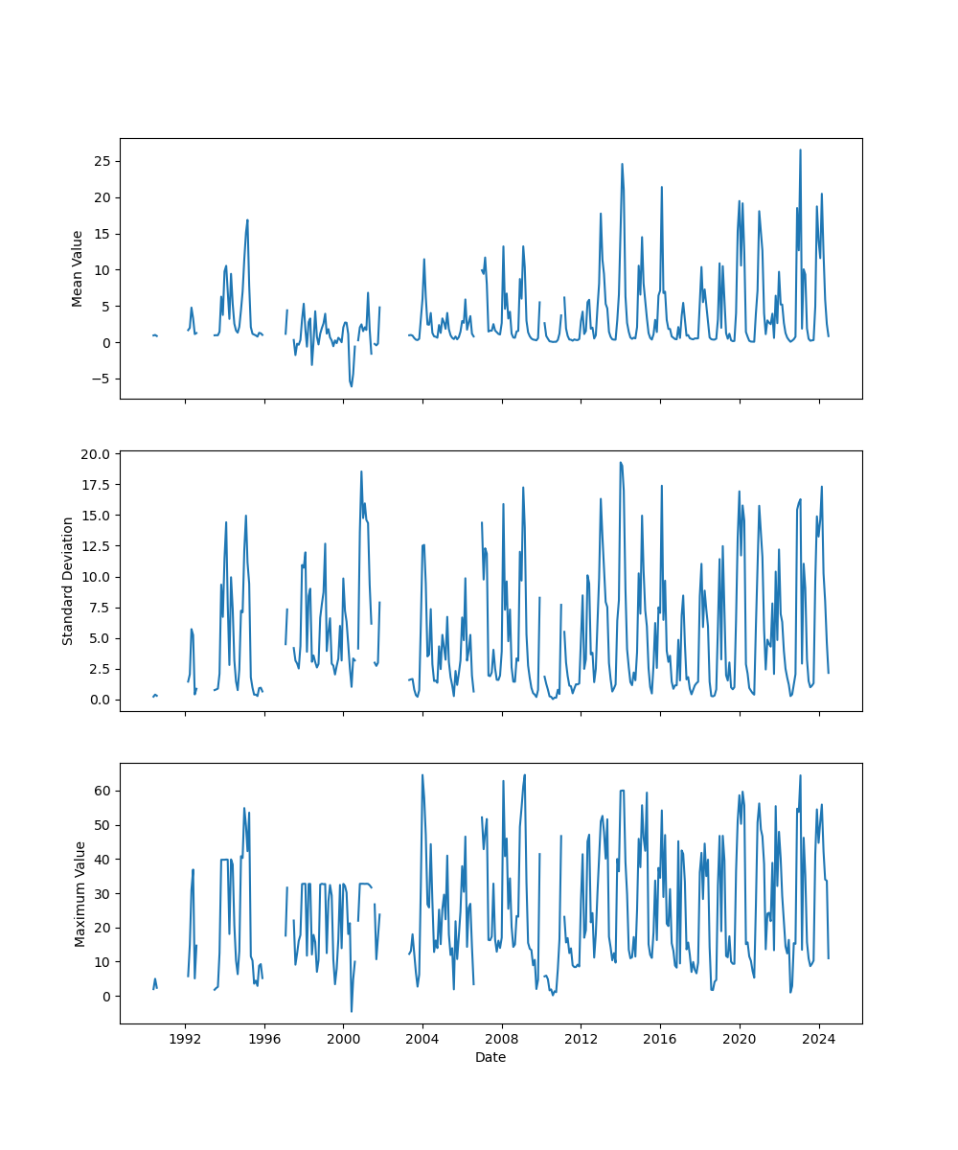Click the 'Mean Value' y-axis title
tap(78, 268)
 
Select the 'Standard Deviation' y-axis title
tap(68, 581)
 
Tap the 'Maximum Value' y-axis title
tap(80, 893)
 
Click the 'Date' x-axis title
tap(490, 1057)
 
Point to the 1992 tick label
tap(185, 1039)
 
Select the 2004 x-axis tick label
tap(422, 1039)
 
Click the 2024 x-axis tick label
tap(819, 1039)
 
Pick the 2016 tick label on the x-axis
tap(660, 1039)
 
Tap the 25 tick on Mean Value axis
tap(101, 161)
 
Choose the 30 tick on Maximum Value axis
tap(101, 893)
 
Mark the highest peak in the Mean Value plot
tap(800, 149)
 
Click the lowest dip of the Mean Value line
tap(352, 386)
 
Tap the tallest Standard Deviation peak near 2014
tap(621, 462)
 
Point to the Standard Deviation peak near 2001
tap(361, 471)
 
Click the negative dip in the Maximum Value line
tap(352, 1011)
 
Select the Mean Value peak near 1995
tap(247, 219)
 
